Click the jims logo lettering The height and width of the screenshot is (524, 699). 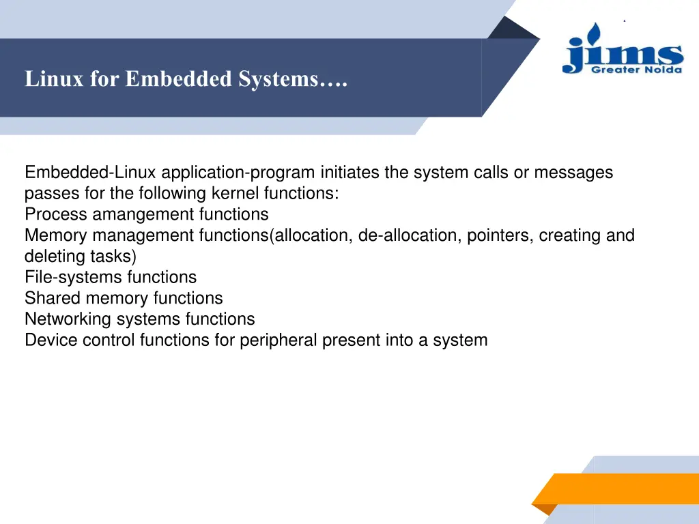[622, 52]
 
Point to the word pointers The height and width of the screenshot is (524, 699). [500, 235]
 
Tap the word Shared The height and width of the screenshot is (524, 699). [53, 298]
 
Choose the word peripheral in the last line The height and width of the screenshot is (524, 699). [279, 340]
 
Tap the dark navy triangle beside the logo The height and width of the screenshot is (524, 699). [513, 29]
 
